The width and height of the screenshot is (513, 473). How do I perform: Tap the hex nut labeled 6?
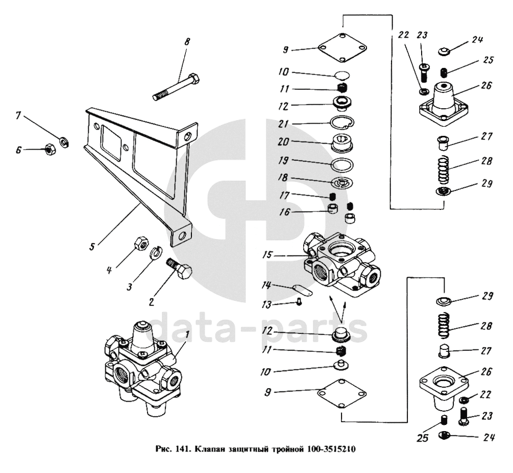pos(46,150)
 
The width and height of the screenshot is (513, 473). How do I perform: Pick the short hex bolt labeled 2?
pos(180,269)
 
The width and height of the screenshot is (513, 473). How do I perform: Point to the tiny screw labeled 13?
pos(299,302)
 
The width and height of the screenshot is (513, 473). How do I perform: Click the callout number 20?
pos(283,142)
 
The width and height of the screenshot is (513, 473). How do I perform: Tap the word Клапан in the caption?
pos(209,451)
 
